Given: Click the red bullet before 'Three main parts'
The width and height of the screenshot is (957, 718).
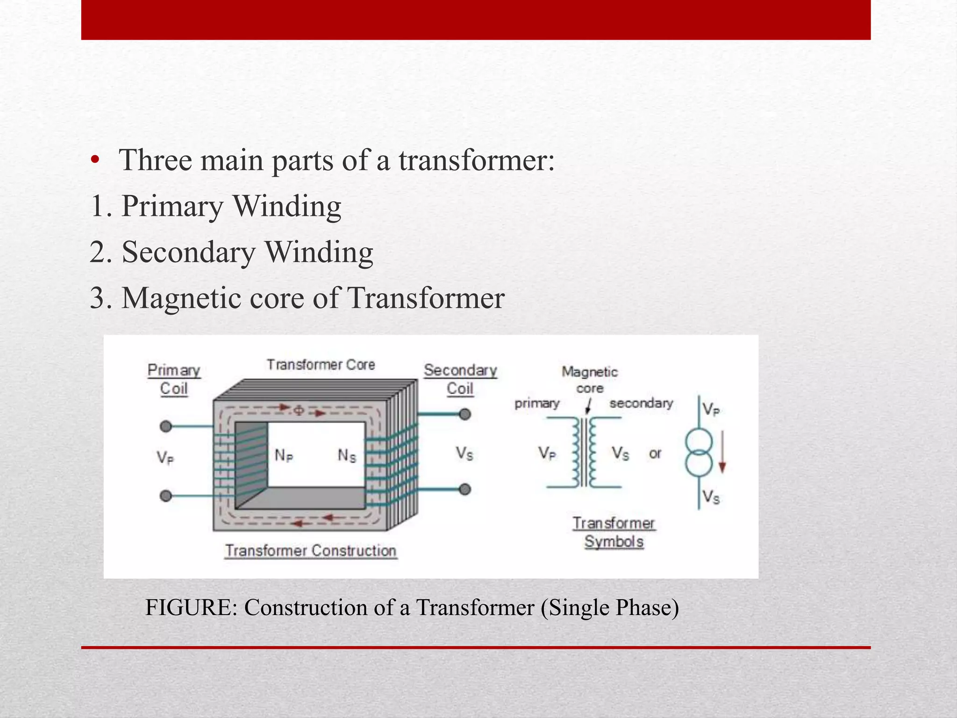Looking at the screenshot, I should coord(95,160).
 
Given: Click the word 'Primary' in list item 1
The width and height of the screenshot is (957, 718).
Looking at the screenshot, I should coord(172,206).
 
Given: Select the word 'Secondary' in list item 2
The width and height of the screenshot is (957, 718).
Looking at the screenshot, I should coord(188,252).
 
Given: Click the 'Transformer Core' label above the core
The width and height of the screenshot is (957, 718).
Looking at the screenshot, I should coord(321,365).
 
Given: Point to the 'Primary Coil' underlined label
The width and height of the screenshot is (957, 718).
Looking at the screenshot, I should coord(174,379).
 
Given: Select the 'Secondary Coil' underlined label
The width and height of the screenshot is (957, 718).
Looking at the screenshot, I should coord(460,379).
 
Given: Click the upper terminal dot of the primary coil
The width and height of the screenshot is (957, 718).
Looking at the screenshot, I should coord(166,426).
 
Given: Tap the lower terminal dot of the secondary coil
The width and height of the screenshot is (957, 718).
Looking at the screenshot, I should coord(464,489).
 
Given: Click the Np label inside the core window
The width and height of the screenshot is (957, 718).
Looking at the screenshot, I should coord(284,455).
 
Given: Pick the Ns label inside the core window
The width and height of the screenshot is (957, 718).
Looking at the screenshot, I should coord(347,455).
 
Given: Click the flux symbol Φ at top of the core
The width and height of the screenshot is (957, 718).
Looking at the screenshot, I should coord(299,410).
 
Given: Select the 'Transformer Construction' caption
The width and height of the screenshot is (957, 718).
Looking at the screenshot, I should coord(311,551).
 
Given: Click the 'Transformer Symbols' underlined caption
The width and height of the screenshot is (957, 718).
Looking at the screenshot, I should coord(614,532).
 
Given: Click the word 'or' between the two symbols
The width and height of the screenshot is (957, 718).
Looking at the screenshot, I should coord(655,453).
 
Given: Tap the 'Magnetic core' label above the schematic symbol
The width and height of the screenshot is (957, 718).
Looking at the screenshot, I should coord(590,380).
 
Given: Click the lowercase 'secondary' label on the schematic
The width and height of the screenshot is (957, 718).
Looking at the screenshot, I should coord(641,403).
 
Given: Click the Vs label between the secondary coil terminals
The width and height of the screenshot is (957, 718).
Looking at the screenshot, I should coord(464,453).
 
